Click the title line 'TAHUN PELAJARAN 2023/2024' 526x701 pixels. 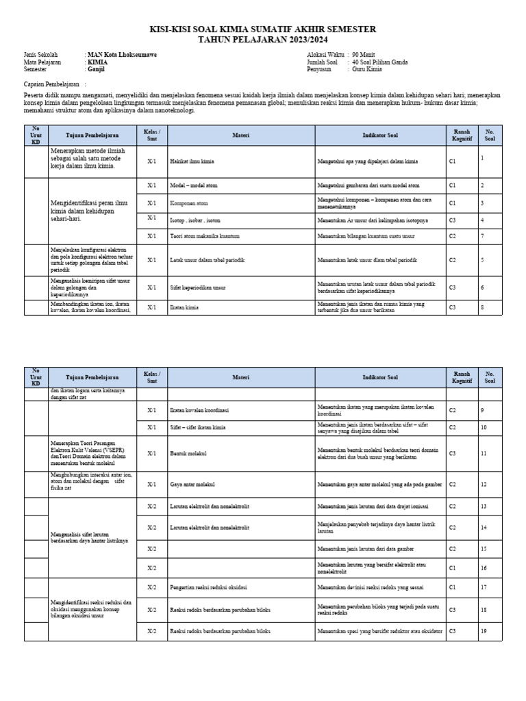263,39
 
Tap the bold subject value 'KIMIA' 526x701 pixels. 97,62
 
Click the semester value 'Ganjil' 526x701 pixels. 96,70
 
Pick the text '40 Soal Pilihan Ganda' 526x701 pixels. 379,62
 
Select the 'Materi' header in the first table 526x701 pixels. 240,136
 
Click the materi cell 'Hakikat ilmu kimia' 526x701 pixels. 192,162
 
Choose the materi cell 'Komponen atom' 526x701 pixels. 188,203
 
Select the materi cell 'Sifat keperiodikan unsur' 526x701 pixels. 197,288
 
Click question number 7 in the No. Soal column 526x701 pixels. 483,235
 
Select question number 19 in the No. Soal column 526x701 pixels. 484,630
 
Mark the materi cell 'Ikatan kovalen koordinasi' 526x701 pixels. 199,411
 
